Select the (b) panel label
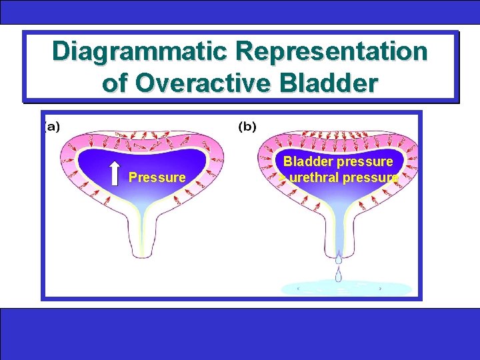(x=247, y=127)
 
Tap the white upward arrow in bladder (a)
(x=114, y=172)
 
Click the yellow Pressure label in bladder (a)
(x=157, y=177)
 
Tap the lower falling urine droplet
(x=339, y=273)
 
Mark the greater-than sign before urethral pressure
(x=283, y=178)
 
